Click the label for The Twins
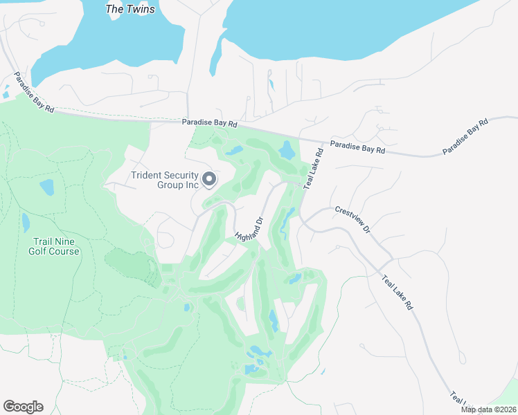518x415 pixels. coord(130,9)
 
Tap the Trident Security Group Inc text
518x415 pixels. coord(165,180)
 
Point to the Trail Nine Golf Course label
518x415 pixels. coord(54,246)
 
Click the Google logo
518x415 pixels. coord(23,407)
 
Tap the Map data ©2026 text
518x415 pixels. coord(488,409)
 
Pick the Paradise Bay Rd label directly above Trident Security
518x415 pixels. coord(210,123)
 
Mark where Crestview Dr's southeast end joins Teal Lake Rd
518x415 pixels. coord(393,261)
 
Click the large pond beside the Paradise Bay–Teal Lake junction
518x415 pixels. coord(286,149)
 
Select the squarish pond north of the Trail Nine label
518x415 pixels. coord(46,187)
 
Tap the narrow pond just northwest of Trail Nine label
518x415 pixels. coord(26,222)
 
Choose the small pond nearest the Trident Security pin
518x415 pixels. coord(234,150)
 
